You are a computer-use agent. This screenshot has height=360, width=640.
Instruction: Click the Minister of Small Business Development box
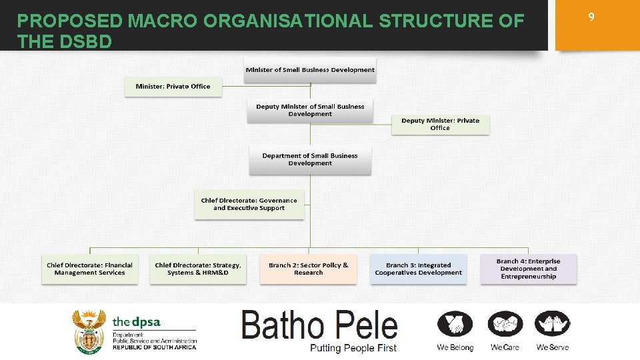[309, 70]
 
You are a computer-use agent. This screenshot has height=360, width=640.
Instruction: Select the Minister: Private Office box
[173, 87]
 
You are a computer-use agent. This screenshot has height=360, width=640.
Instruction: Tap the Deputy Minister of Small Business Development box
[310, 111]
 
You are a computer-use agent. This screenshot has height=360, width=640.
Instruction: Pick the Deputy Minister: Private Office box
[440, 124]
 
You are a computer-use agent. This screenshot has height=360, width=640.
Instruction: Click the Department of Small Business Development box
[310, 159]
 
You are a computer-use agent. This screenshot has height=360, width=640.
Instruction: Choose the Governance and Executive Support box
[249, 204]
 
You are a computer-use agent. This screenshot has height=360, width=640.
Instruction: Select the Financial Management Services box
[89, 269]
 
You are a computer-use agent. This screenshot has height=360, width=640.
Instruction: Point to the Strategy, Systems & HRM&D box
[198, 269]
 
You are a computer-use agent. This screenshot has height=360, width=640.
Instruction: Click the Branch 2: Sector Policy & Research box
[308, 269]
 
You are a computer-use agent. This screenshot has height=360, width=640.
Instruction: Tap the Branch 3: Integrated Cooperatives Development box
[418, 269]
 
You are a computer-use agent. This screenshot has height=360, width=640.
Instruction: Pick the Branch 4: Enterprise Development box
[528, 269]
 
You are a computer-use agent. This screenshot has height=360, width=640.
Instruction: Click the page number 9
[591, 18]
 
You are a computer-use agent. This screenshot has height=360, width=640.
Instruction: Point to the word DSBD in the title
[86, 42]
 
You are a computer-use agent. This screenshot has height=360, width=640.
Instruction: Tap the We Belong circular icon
[455, 324]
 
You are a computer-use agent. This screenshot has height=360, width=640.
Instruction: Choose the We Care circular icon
[505, 324]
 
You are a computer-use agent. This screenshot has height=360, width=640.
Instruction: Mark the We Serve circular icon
[553, 324]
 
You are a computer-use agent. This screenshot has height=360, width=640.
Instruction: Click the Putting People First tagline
[353, 348]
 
